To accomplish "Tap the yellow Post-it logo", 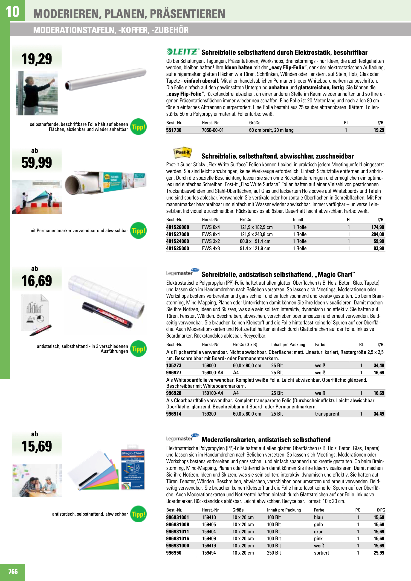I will coord(182,153).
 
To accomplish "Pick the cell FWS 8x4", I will coord(211,234).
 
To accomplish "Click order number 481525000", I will coord(177,249).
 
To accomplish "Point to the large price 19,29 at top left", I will coord(37,59).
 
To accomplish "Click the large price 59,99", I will coord(37,163).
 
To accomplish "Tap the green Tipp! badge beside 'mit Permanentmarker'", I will coord(138,231).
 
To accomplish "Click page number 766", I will coord(13,572).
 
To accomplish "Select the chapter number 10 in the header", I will coord(12,12).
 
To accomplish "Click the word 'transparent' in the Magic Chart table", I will coord(327,414).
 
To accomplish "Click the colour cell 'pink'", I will coord(318,538).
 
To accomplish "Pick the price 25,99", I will coord(379,553).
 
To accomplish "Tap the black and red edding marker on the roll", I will coord(107,315).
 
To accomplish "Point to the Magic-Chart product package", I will coord(132,467).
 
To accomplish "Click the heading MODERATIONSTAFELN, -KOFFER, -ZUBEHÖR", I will coord(111,30).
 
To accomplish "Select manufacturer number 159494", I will coord(209,553).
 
